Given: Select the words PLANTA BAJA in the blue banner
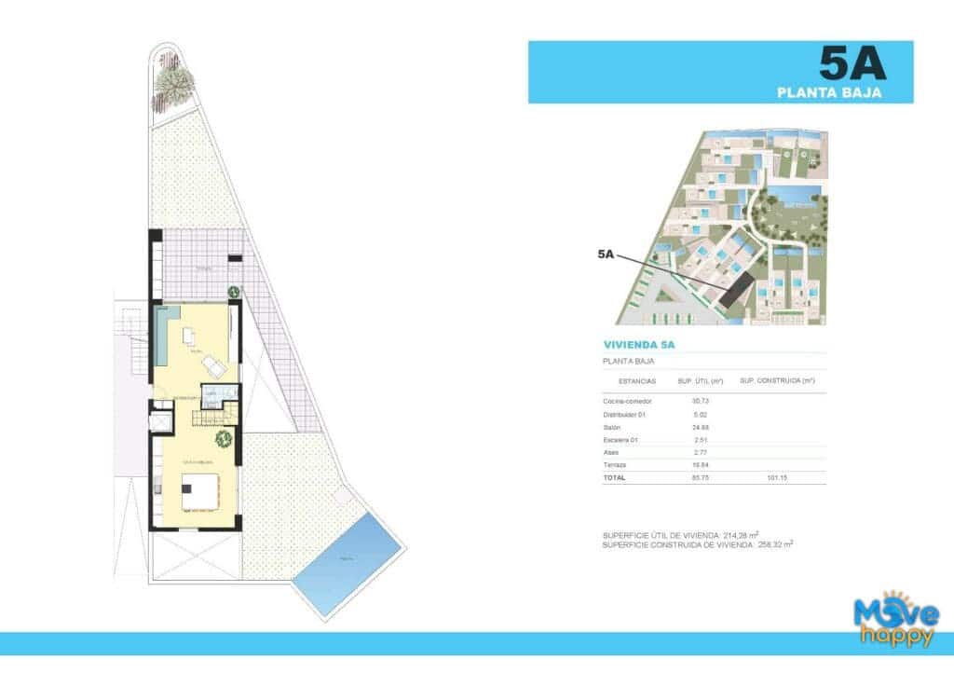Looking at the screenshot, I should pyautogui.click(x=829, y=91).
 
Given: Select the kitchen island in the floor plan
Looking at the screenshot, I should pyautogui.click(x=199, y=491).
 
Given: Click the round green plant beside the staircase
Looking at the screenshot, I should pyautogui.click(x=223, y=439).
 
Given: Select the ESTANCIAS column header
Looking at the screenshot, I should pyautogui.click(x=637, y=380).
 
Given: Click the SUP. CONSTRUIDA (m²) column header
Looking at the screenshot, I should pyautogui.click(x=776, y=380).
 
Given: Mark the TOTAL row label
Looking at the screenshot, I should pyautogui.click(x=615, y=477).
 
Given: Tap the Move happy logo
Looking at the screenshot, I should pyautogui.click(x=897, y=622).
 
